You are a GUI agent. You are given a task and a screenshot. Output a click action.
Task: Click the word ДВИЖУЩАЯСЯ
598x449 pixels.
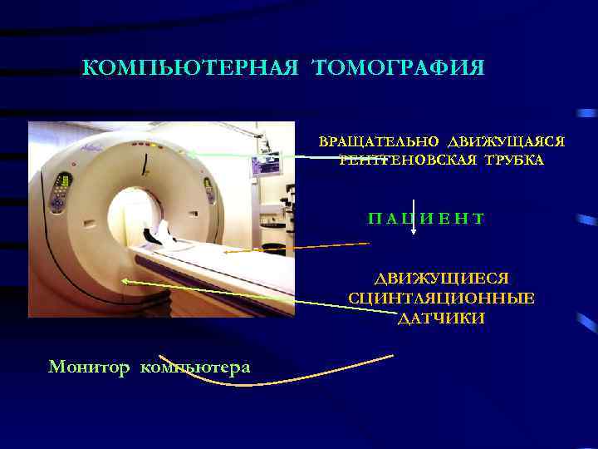coord(506,142)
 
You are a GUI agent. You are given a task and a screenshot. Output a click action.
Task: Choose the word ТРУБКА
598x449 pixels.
coord(510,160)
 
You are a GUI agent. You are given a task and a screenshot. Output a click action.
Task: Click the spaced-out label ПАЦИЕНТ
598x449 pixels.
coord(426,219)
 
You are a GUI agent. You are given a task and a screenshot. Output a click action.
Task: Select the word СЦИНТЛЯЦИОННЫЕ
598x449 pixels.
coord(441,299)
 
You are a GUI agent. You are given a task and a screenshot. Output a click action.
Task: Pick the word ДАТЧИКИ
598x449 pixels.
coord(441,318)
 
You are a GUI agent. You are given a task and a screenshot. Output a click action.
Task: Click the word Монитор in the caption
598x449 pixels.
coord(90,367)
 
